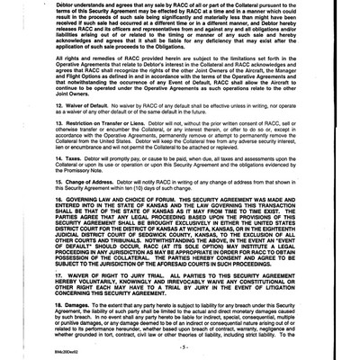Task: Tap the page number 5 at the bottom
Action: pos(180,345)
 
